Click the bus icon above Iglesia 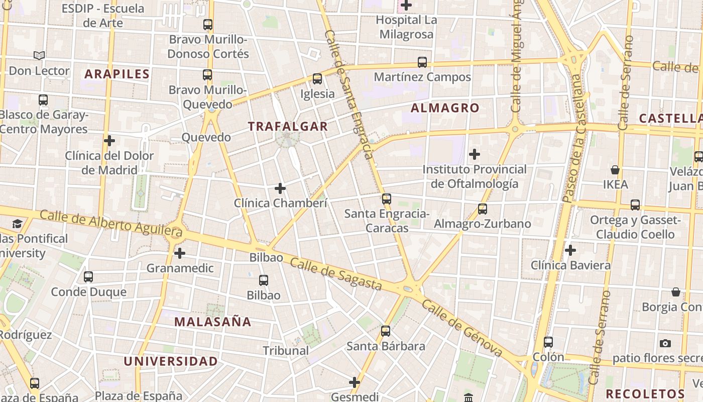click(317, 79)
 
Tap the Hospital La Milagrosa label click(406, 27)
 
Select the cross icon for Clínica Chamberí click(280, 188)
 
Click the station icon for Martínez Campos click(422, 62)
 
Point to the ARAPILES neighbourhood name click(117, 74)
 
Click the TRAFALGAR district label click(288, 126)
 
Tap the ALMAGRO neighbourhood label click(445, 108)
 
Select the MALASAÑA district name click(212, 322)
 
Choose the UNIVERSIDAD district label click(171, 361)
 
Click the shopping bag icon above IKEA click(615, 170)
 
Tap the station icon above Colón click(548, 342)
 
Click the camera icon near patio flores click(665, 343)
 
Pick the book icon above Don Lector click(39, 56)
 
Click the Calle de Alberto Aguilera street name click(110, 223)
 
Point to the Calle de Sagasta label click(335, 275)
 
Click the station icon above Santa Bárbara click(386, 331)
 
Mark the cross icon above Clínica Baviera click(570, 250)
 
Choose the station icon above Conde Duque click(88, 276)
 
